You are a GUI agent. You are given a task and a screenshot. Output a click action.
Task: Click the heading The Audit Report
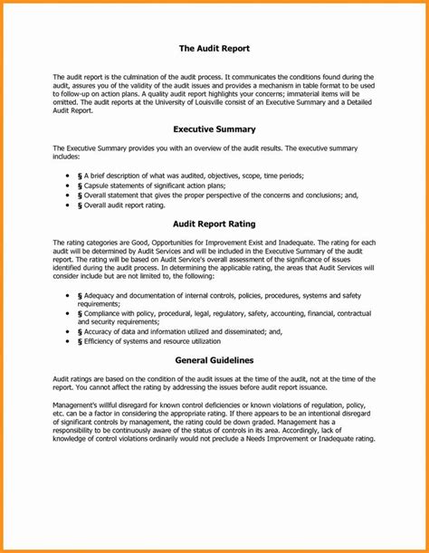click(x=214, y=47)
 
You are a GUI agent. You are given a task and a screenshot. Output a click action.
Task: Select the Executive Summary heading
click(x=214, y=129)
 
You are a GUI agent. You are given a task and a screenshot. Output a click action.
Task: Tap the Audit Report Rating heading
click(x=214, y=223)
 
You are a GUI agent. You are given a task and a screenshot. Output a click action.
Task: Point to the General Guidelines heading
click(x=214, y=359)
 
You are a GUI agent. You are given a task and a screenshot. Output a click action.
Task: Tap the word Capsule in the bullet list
click(x=98, y=184)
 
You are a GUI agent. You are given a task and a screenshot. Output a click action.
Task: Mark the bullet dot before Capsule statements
click(x=70, y=184)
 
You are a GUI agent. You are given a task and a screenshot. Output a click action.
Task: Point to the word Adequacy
click(x=101, y=296)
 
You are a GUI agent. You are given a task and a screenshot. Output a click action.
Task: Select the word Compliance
click(x=104, y=313)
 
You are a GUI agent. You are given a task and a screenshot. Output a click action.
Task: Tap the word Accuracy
click(x=100, y=332)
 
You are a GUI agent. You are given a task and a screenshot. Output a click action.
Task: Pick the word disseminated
click(x=236, y=332)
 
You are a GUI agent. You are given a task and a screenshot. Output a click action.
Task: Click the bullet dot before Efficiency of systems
click(x=70, y=342)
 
